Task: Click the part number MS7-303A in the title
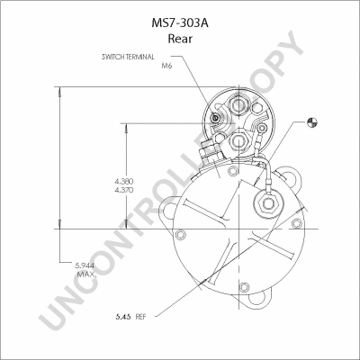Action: (180, 23)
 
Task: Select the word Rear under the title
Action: (180, 39)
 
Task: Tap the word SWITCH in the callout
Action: (112, 57)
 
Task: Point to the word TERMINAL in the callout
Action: (139, 57)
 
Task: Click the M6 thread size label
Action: (166, 66)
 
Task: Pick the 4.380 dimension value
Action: (124, 181)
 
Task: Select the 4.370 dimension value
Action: (124, 190)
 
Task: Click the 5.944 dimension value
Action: (85, 265)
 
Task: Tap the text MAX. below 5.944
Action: (86, 274)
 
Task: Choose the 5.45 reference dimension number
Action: (123, 317)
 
